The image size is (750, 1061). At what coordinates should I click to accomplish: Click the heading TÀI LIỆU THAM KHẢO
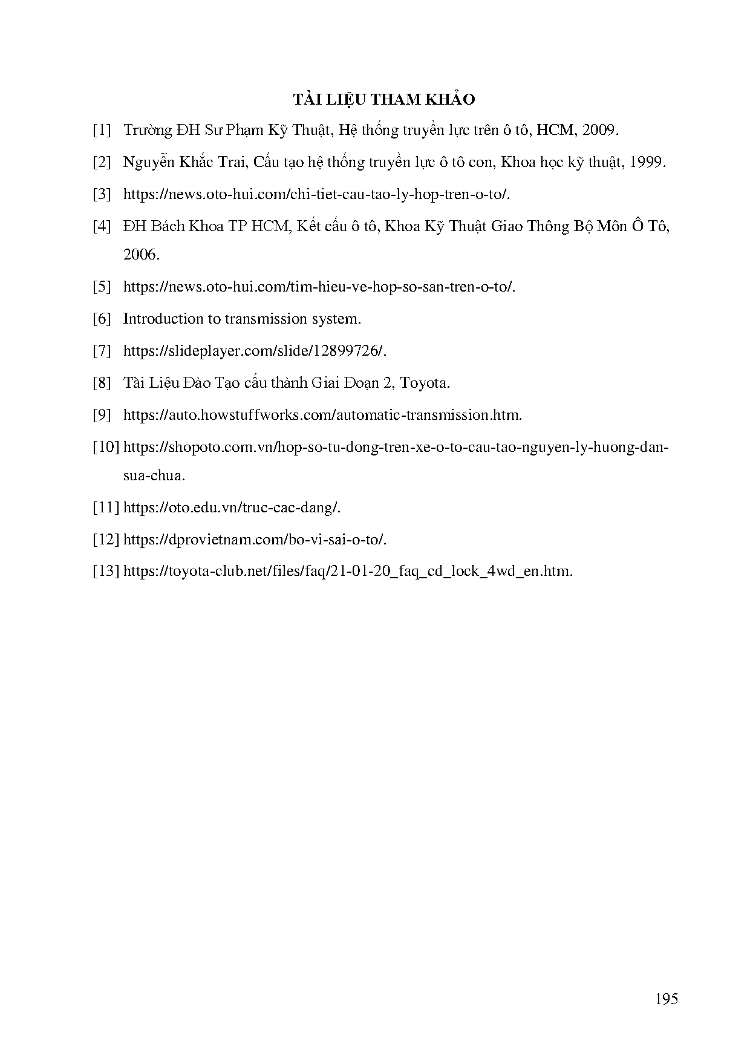(384, 99)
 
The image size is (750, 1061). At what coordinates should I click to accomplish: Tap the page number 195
(666, 999)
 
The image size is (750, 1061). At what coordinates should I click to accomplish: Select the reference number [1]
(102, 130)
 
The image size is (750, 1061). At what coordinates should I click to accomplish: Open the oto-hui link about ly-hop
(316, 194)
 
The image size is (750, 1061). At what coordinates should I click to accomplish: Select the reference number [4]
(102, 226)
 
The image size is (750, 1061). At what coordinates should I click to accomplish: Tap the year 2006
(140, 255)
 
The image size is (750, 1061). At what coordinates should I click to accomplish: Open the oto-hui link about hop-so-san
(319, 287)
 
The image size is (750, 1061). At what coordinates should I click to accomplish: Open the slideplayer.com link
(254, 351)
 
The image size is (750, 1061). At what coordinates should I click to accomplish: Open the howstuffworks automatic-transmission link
(322, 415)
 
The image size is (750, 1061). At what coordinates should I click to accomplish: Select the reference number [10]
(106, 447)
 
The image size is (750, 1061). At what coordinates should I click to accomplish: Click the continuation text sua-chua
(154, 475)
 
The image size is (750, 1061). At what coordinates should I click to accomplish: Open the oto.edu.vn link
(232, 508)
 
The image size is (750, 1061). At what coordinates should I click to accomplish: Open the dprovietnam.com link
(254, 540)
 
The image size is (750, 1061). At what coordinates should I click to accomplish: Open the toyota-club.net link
(347, 572)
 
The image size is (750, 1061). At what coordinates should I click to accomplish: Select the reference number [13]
(106, 572)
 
